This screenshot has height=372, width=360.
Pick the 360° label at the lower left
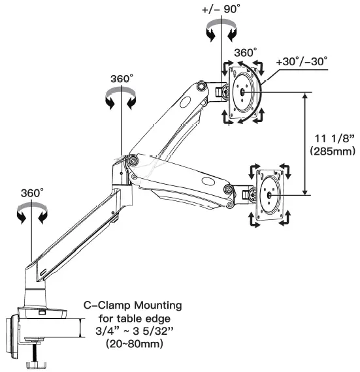pyautogui.click(x=31, y=194)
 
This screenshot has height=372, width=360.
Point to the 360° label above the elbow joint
pyautogui.click(x=122, y=78)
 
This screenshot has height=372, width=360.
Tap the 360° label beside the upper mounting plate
pyautogui.click(x=246, y=53)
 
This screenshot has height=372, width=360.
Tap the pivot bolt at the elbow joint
pyautogui.click(x=133, y=159)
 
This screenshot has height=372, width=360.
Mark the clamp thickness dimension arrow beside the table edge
pyautogui.click(x=80, y=328)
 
